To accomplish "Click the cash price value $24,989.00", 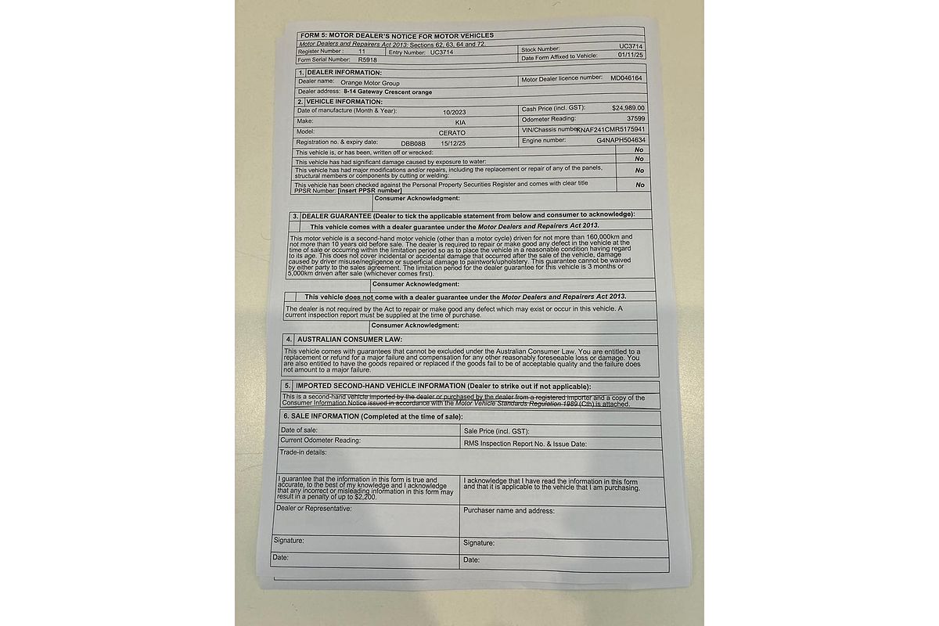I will coord(628,107).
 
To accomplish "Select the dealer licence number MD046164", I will coord(626,78).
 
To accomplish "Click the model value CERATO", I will coord(452,133).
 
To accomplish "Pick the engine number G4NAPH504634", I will coord(621,140).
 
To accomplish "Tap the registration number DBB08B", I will coord(412,143).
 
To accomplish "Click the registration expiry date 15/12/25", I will coord(452,143).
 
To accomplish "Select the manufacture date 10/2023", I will coord(454,111).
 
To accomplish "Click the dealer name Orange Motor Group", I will coord(369,81).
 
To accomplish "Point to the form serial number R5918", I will coord(367,59).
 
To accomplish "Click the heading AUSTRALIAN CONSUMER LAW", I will coord(349,340).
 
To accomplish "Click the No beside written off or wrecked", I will coord(639,149).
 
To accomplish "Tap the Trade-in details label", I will coord(302,452).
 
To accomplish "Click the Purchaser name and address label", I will coord(509,510).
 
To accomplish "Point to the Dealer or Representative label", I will coord(313,508).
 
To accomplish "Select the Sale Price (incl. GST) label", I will coord(497,431).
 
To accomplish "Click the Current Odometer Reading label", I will coord(321,441).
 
